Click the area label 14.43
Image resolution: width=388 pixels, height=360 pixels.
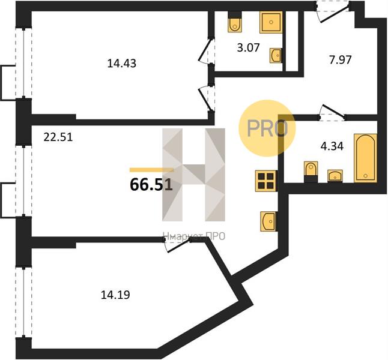122,64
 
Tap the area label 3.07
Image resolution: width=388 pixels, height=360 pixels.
248,47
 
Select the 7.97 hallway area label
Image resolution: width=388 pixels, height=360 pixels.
340,60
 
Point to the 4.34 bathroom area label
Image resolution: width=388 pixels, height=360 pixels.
332,146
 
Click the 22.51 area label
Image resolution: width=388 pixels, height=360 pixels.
58,137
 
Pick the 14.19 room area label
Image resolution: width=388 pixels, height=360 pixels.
115,295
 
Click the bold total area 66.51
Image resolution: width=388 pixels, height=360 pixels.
151,185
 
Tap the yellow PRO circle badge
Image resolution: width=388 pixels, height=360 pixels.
267,128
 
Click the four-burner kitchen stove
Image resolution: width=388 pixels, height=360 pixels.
266,181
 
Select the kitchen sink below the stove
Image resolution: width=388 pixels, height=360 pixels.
268,221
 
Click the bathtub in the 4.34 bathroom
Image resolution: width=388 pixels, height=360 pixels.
366,158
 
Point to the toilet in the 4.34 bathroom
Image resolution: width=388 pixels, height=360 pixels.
311,172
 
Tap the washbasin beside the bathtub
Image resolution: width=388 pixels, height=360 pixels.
335,176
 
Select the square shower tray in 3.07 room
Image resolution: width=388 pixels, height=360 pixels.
271,22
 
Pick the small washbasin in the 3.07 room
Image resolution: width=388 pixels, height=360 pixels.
276,55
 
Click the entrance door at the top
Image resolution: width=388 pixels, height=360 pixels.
333,11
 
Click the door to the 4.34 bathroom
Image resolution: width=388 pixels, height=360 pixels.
332,113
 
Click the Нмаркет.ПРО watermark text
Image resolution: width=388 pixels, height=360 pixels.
194,236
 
